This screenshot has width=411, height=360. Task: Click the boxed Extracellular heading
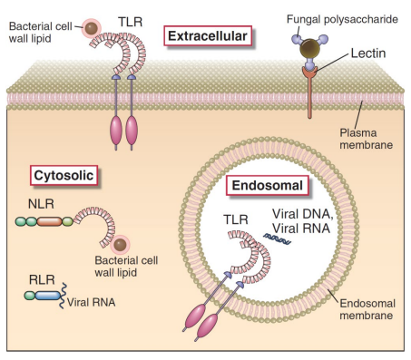208,36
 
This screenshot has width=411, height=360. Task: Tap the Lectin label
359,55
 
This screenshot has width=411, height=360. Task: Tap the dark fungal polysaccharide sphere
312,49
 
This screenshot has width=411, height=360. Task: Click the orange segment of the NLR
49,219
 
